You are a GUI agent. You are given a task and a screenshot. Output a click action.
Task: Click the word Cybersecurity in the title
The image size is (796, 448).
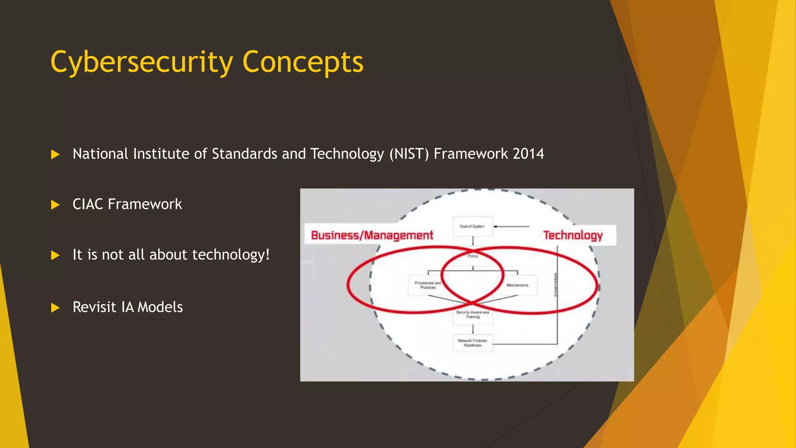(142, 62)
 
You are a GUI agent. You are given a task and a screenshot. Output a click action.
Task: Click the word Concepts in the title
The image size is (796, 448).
(303, 62)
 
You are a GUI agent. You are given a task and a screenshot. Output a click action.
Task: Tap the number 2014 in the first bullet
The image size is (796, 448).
(528, 154)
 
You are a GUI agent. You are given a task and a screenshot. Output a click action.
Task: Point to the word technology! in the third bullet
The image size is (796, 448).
(231, 255)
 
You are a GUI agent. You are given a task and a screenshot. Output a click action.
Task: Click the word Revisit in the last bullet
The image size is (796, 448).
(94, 307)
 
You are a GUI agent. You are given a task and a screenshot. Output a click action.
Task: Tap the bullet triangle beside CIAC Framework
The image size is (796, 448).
(55, 205)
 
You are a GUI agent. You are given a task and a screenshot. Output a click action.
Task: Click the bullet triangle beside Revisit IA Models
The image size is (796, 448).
(55, 308)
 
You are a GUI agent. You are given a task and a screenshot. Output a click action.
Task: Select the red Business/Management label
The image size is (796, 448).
(372, 235)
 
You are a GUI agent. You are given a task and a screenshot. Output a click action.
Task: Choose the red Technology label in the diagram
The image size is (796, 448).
(573, 235)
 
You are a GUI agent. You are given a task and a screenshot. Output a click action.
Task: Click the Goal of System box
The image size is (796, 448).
(473, 226)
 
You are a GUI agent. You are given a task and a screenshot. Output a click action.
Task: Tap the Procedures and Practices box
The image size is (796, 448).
(428, 285)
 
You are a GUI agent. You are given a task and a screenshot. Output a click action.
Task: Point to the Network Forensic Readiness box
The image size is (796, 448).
(473, 343)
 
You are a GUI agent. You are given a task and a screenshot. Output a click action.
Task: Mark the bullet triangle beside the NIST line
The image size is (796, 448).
(55, 155)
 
